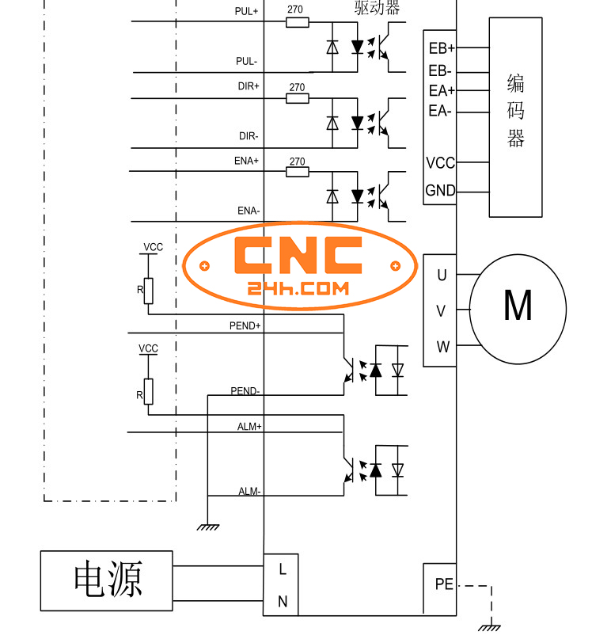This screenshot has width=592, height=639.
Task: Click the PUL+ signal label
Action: (246, 12)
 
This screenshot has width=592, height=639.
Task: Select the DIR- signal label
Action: (249, 136)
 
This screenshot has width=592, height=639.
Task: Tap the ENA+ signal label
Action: (246, 161)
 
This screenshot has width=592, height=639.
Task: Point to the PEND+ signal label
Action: (245, 325)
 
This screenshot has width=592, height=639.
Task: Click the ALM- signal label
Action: (249, 492)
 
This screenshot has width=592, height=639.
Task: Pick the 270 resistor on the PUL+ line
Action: (297, 23)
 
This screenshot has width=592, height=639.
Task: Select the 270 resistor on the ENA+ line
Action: (297, 172)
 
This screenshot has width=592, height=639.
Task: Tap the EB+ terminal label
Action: (441, 48)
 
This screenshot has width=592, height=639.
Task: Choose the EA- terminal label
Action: (440, 111)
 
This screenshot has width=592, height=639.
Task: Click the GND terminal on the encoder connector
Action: (440, 191)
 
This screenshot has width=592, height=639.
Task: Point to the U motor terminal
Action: (442, 276)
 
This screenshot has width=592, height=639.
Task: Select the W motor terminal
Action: (442, 347)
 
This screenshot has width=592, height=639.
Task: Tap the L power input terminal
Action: (282, 569)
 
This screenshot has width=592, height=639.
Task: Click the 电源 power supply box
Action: (107, 580)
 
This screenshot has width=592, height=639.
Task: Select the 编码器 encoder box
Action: (515, 116)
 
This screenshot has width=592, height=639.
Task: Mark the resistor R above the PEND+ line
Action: (148, 291)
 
